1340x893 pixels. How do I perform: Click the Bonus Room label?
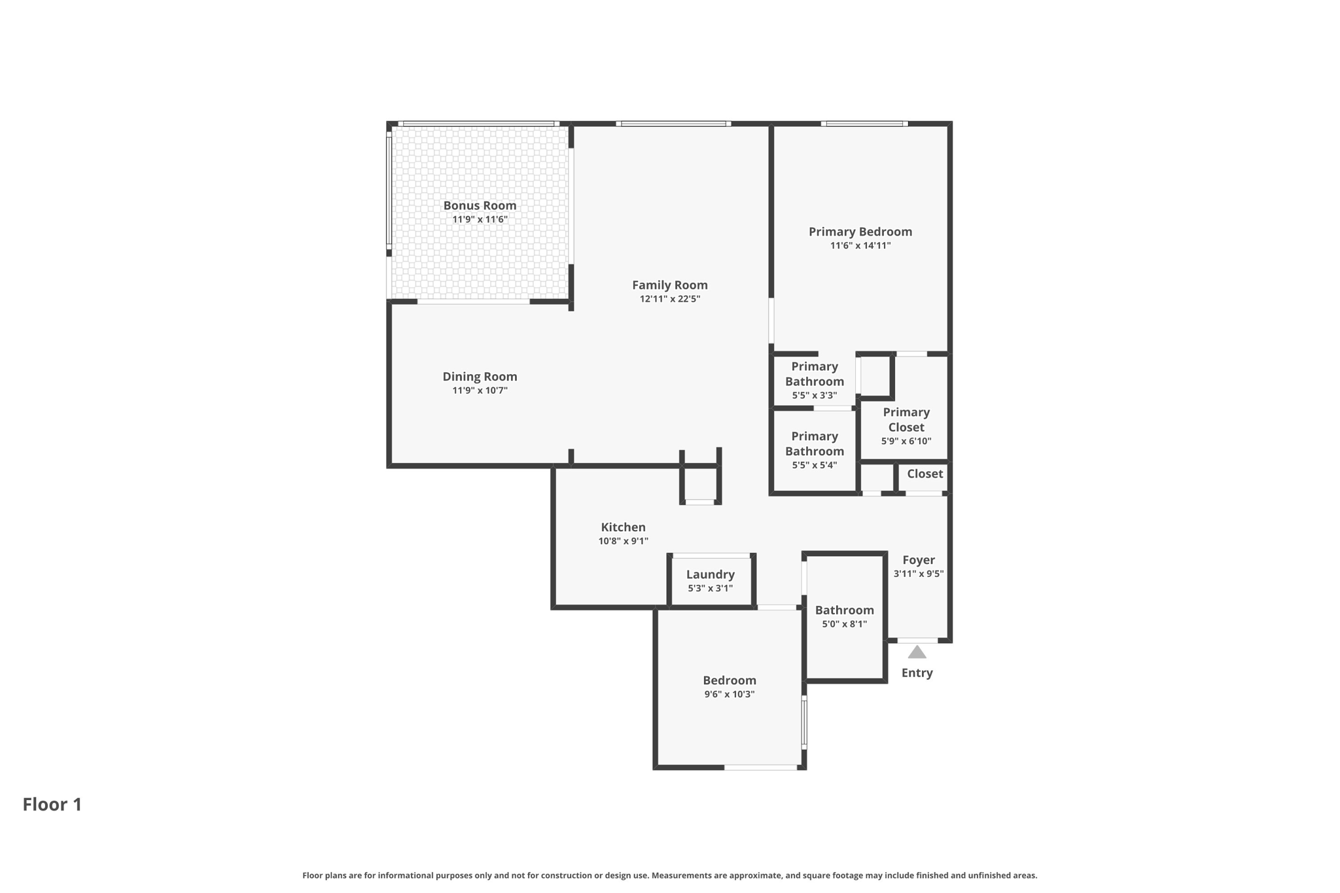coord(480,205)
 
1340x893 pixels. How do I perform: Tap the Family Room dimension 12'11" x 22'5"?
coord(669,299)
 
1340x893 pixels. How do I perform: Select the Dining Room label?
coord(480,376)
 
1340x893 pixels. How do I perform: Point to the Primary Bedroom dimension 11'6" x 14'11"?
coord(860,245)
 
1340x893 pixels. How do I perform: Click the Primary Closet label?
coord(906,419)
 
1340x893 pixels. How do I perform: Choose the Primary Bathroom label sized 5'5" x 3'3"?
coord(814,374)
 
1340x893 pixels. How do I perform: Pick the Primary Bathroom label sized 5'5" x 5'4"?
coord(814,444)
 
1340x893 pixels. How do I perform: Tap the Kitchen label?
coord(623,527)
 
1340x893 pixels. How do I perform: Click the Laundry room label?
coord(710,574)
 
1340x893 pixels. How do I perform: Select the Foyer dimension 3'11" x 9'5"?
coord(918,574)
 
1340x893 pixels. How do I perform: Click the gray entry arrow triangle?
coord(917,652)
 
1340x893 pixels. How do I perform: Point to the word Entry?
coord(917,673)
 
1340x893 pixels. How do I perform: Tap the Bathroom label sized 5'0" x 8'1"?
coord(844,610)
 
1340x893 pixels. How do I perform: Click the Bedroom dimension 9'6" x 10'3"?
coord(729,694)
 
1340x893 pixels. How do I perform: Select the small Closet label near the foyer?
coord(925,474)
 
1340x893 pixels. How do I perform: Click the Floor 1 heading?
coord(52,804)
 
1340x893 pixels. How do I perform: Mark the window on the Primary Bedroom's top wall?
coord(864,124)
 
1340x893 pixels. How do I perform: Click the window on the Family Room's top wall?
coord(673,124)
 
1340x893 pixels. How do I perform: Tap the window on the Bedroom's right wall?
coord(804,722)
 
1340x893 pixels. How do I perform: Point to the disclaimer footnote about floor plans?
coord(669,875)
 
